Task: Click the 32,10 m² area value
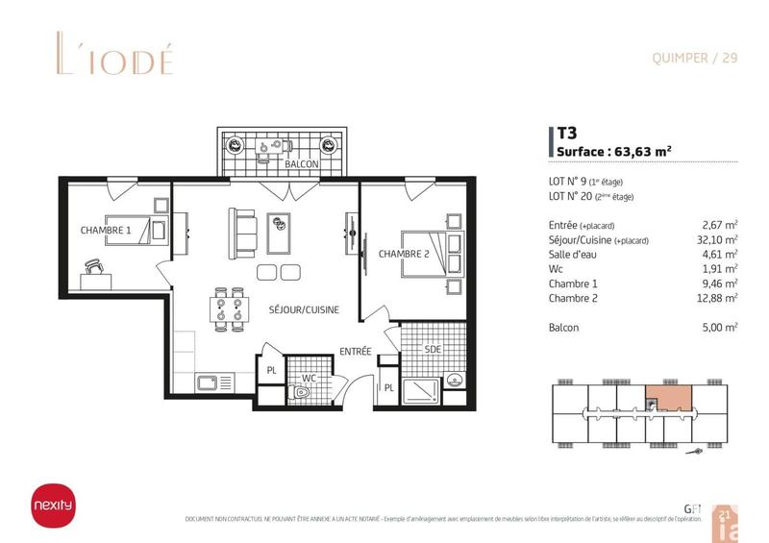(718, 239)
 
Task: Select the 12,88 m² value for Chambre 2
(718, 298)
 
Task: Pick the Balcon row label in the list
(564, 328)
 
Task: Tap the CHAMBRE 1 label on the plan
(106, 231)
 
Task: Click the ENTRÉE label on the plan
(356, 353)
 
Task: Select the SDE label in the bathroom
(433, 350)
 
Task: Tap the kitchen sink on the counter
(208, 383)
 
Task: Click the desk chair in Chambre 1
(93, 266)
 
